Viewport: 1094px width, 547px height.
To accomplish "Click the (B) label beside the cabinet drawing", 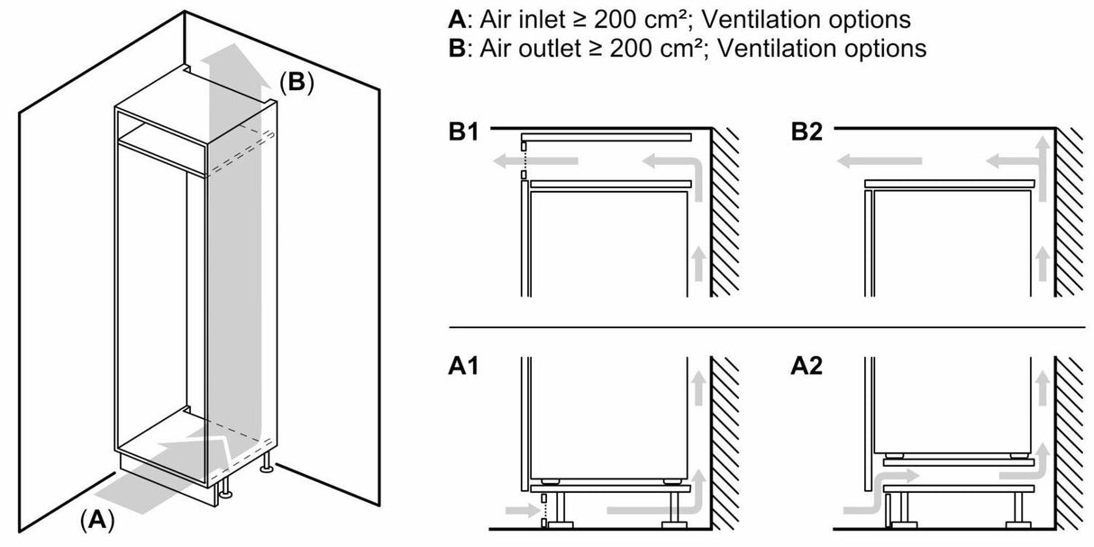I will click(296, 83).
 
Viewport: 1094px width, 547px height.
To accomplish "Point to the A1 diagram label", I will click(466, 369).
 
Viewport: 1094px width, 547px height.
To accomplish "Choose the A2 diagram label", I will click(808, 369).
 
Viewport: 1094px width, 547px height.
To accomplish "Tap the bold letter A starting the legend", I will click(454, 18).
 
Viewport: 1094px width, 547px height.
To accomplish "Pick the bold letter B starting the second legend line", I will click(454, 48).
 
